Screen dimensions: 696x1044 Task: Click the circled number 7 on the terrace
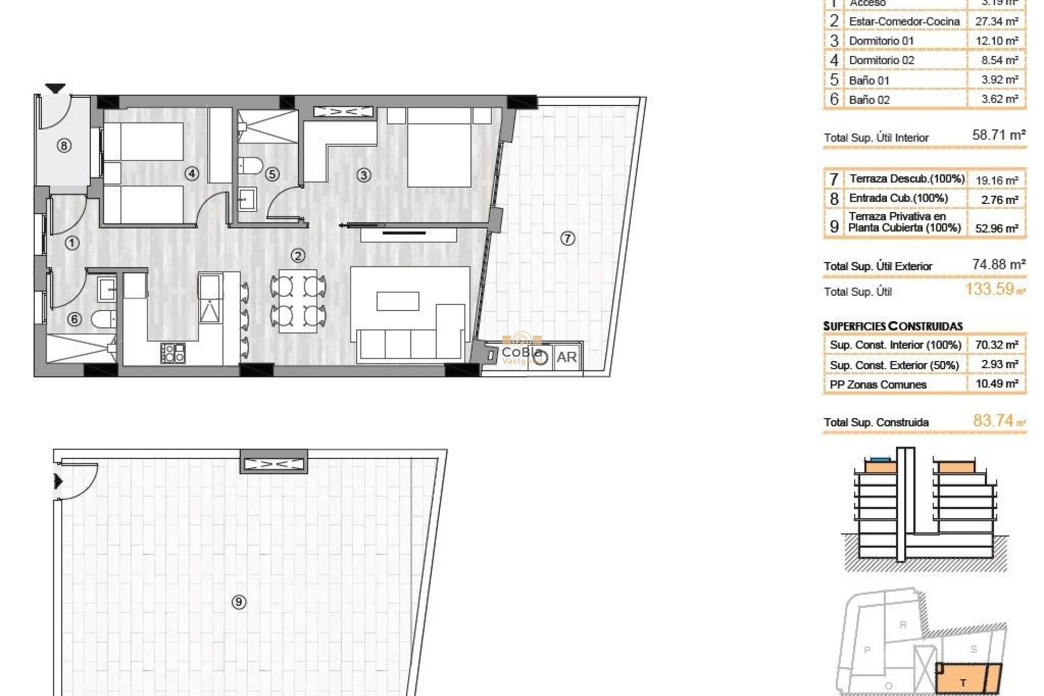pyautogui.click(x=567, y=238)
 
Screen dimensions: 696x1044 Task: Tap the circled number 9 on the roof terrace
pyautogui.click(x=239, y=602)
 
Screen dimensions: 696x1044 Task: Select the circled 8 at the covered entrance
pyautogui.click(x=64, y=145)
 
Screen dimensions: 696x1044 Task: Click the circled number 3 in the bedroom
pyautogui.click(x=364, y=175)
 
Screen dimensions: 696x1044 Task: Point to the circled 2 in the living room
pyautogui.click(x=297, y=256)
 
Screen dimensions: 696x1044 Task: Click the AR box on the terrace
pyautogui.click(x=567, y=357)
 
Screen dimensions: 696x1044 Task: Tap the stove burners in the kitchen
pyautogui.click(x=173, y=353)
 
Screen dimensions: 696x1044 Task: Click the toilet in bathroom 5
pyautogui.click(x=250, y=165)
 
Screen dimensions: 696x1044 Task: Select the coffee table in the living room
pyautogui.click(x=397, y=301)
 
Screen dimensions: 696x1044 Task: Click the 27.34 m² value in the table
pyautogui.click(x=996, y=21)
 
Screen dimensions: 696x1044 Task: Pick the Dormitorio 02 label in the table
pyautogui.click(x=881, y=60)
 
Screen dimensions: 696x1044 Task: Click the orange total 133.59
pyautogui.click(x=990, y=289)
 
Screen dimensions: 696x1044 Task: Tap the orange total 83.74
pyautogui.click(x=993, y=420)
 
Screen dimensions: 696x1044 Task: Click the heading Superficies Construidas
pyautogui.click(x=893, y=326)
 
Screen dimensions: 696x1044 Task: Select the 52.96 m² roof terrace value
pyautogui.click(x=996, y=228)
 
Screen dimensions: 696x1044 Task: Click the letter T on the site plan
pyautogui.click(x=962, y=683)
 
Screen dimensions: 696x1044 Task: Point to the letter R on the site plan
pyautogui.click(x=903, y=625)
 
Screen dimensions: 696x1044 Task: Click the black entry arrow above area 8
pyautogui.click(x=55, y=88)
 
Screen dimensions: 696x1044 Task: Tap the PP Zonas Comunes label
pyautogui.click(x=878, y=384)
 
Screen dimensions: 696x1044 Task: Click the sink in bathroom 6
pyautogui.click(x=107, y=289)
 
